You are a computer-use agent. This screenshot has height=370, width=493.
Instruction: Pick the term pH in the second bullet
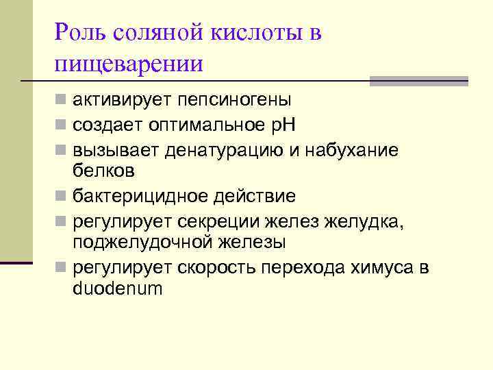(281, 125)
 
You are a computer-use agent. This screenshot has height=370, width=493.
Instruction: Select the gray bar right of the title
(418, 81)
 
